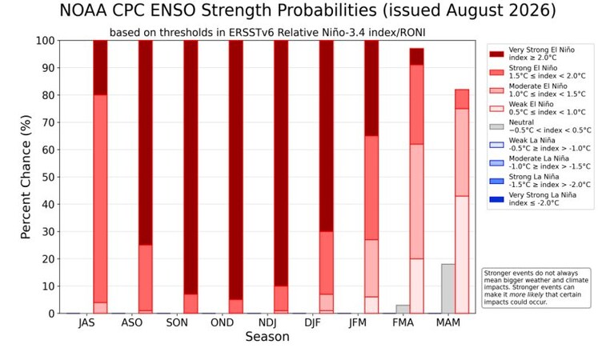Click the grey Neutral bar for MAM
coord(448,289)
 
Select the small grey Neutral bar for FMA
coord(403,309)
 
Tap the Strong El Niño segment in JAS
coord(100,198)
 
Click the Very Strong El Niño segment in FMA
coord(416,57)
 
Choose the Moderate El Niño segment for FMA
coord(416,202)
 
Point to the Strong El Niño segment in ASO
coord(145,278)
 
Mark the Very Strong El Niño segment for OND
coord(235,170)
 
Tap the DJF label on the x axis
coord(312,323)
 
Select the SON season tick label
coord(177,323)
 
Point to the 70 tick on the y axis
coord(48,122)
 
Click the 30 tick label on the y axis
coord(48,232)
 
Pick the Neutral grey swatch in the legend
coord(496,126)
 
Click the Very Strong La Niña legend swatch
coord(496,199)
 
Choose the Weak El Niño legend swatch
coord(496,108)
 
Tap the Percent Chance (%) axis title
coord(26,177)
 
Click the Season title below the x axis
coord(267,337)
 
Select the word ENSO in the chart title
coord(173,10)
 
